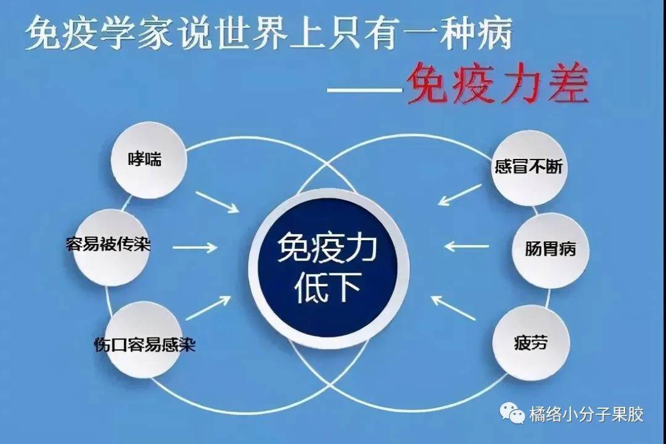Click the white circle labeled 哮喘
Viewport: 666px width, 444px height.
[148, 160]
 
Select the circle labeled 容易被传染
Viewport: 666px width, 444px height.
[112, 247]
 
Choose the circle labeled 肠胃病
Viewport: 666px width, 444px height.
[550, 250]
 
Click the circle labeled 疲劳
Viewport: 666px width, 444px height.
[530, 342]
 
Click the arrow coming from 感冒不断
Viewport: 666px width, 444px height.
[459, 195]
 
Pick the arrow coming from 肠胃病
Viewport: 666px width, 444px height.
[466, 246]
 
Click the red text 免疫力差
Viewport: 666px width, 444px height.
[498, 84]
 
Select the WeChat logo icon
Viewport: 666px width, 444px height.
[512, 413]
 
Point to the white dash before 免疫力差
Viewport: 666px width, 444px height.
[365, 89]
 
